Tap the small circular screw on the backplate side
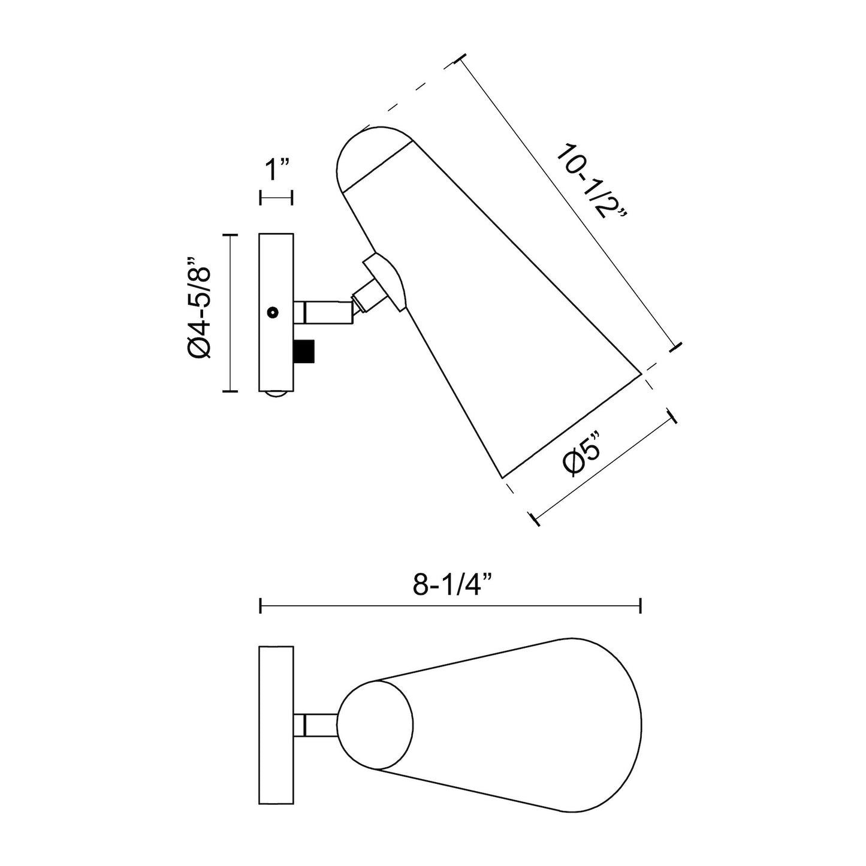click(x=273, y=312)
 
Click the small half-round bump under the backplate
click(x=276, y=394)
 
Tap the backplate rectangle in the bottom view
click(x=276, y=725)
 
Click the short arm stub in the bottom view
click(x=315, y=725)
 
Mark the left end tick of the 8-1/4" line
click(x=261, y=606)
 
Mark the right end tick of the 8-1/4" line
click(x=641, y=606)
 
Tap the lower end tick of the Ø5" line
click(x=535, y=520)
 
